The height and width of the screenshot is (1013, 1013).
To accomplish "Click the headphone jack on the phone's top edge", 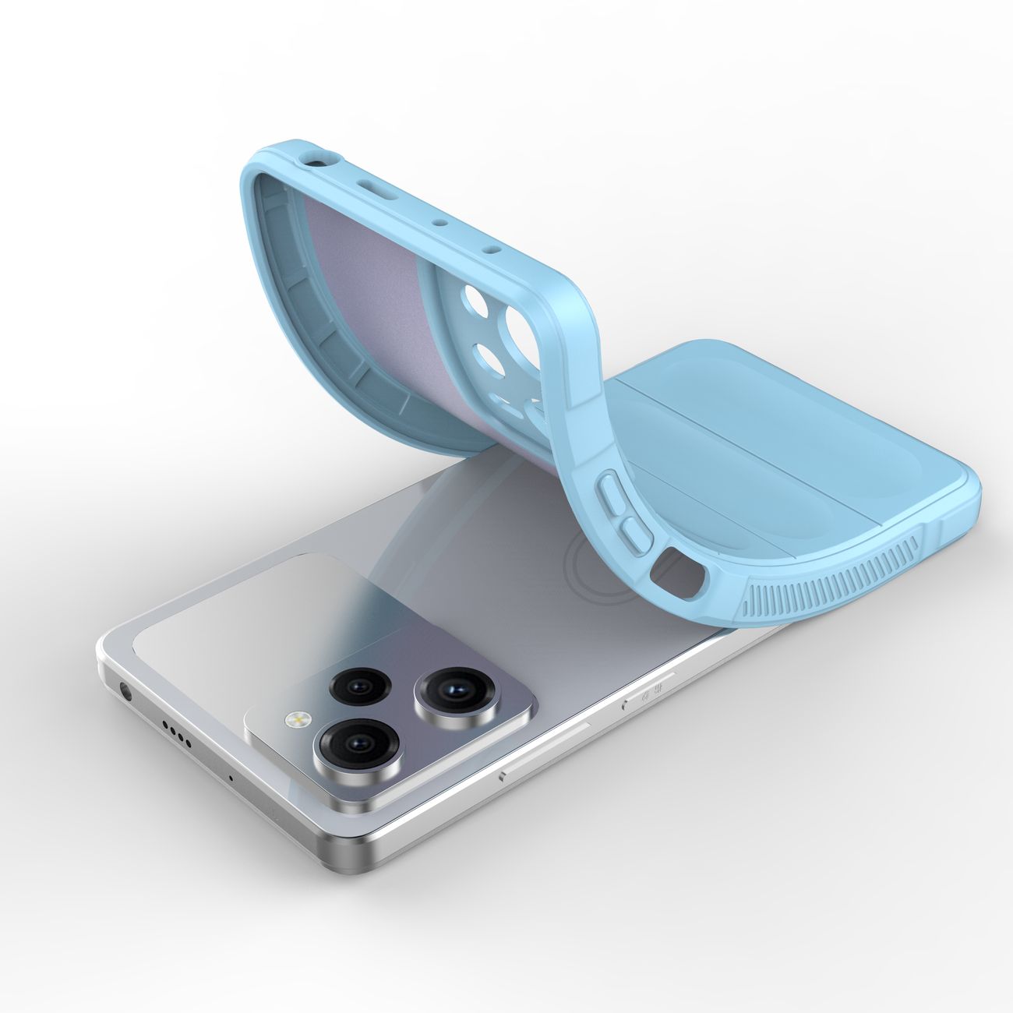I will pos(125,690).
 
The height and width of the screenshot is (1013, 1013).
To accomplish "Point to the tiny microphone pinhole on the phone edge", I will pos(231,777).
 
